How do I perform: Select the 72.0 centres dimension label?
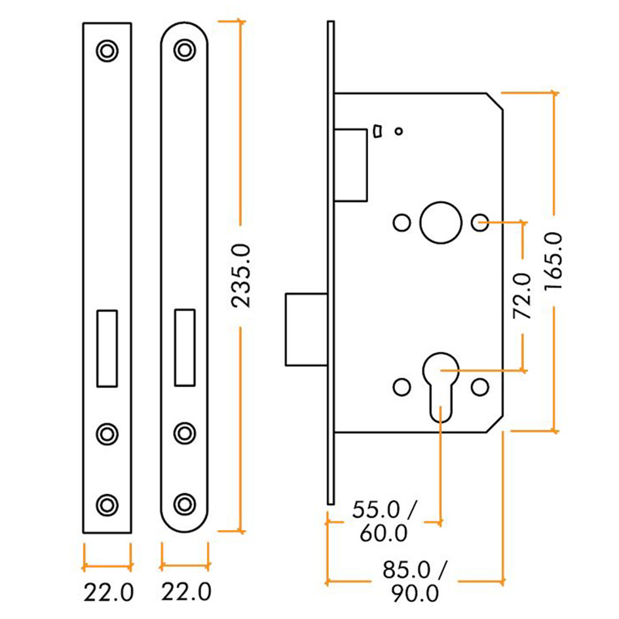pos(522,296)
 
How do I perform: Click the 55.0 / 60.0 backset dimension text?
pos(384,521)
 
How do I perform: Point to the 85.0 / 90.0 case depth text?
pos(415,581)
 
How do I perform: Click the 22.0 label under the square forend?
pos(108,593)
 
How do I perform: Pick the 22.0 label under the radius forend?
pos(185,593)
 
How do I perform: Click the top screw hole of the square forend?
pos(107,50)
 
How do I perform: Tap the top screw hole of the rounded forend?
pos(185,50)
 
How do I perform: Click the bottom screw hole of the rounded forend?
pos(185,503)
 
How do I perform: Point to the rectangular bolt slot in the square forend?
pos(107,347)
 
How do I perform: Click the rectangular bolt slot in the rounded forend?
pos(185,347)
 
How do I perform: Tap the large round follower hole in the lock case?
pos(439,223)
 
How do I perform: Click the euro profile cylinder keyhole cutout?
pos(440,386)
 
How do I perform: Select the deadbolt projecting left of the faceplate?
pos(307,329)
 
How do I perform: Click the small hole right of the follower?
pos(480,223)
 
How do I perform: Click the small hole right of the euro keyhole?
pos(480,386)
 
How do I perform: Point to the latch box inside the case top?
pos(352,164)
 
